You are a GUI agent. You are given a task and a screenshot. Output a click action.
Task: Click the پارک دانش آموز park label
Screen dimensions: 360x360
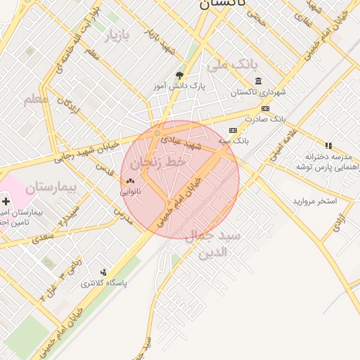click(179, 86)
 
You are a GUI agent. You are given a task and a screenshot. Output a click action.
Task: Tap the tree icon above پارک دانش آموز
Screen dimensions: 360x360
click(179, 75)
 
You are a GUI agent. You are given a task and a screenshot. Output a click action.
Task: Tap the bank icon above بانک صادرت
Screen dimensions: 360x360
click(265, 108)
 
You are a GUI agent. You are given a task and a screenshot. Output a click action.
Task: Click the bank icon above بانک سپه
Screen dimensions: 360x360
click(233, 130)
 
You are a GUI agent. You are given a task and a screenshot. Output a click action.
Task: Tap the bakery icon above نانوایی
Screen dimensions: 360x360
click(130, 181)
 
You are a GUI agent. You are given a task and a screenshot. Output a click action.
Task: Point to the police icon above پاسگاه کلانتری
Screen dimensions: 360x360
click(104, 272)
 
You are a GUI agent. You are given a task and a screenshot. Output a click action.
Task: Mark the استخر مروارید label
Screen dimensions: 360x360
click(315, 201)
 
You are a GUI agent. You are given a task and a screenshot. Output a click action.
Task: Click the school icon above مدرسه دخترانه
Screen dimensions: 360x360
click(328, 146)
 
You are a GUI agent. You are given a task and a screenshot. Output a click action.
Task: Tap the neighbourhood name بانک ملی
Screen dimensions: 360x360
click(229, 66)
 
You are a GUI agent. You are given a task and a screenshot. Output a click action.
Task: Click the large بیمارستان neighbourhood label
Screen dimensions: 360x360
click(51, 188)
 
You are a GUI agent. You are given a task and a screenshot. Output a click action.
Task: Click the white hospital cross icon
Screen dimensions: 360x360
click(6, 202)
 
